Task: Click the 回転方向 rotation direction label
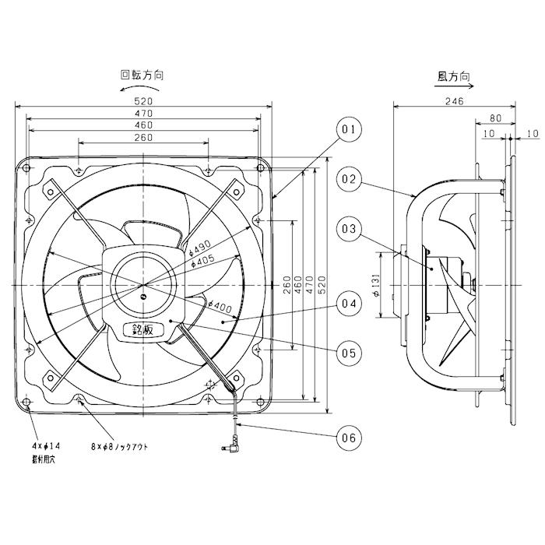(x=141, y=76)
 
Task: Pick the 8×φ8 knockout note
(x=120, y=446)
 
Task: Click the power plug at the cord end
(x=230, y=448)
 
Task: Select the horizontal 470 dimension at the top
(x=143, y=114)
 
